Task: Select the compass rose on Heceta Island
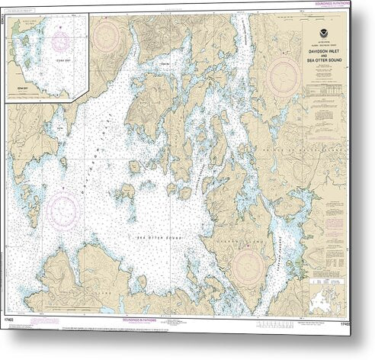click(248, 264)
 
